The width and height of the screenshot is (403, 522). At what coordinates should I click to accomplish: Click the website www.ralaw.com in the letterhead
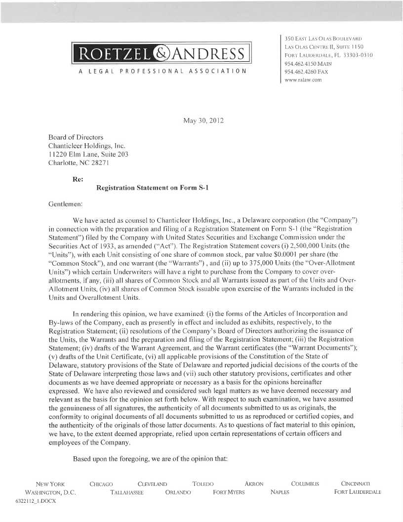click(x=303, y=80)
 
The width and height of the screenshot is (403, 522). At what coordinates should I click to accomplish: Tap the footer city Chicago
click(x=102, y=484)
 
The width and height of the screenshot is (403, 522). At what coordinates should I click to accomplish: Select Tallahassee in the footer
click(x=127, y=492)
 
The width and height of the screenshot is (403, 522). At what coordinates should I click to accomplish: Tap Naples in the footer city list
click(x=280, y=492)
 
